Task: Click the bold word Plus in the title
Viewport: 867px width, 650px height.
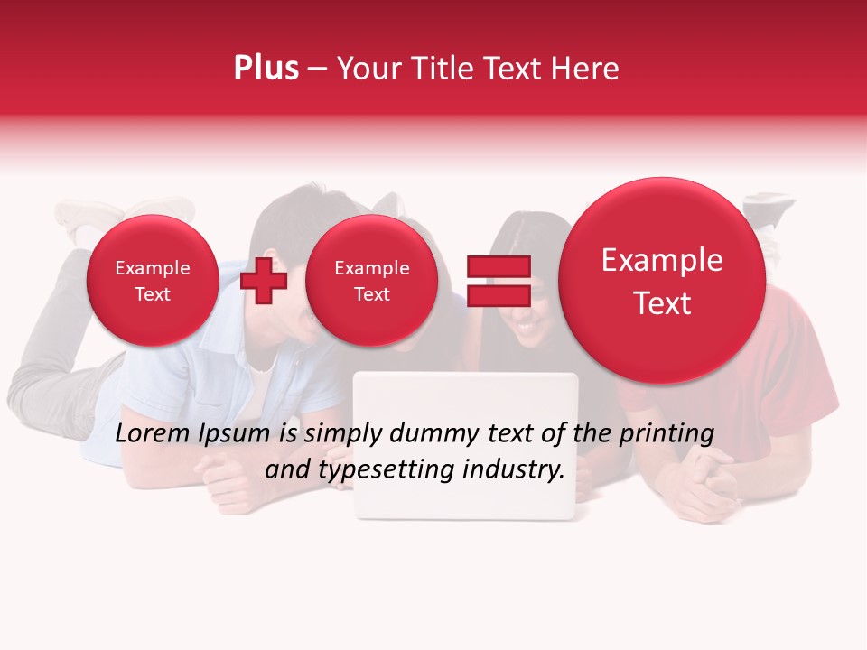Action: click(x=266, y=69)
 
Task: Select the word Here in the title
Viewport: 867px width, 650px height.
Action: click(x=586, y=69)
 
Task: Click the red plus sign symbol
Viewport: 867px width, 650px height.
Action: click(x=264, y=281)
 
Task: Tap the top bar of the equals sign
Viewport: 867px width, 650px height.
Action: click(x=499, y=266)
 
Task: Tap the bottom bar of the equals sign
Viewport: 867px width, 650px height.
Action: click(x=499, y=295)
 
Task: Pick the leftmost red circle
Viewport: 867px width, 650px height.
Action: click(x=152, y=281)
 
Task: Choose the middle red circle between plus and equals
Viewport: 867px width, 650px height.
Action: click(x=371, y=281)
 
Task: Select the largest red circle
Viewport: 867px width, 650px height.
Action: click(x=662, y=280)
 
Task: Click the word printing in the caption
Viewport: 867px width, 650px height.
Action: click(x=667, y=434)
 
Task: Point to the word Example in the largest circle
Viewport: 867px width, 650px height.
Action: click(x=662, y=260)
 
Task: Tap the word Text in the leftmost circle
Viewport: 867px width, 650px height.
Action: click(x=152, y=294)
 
